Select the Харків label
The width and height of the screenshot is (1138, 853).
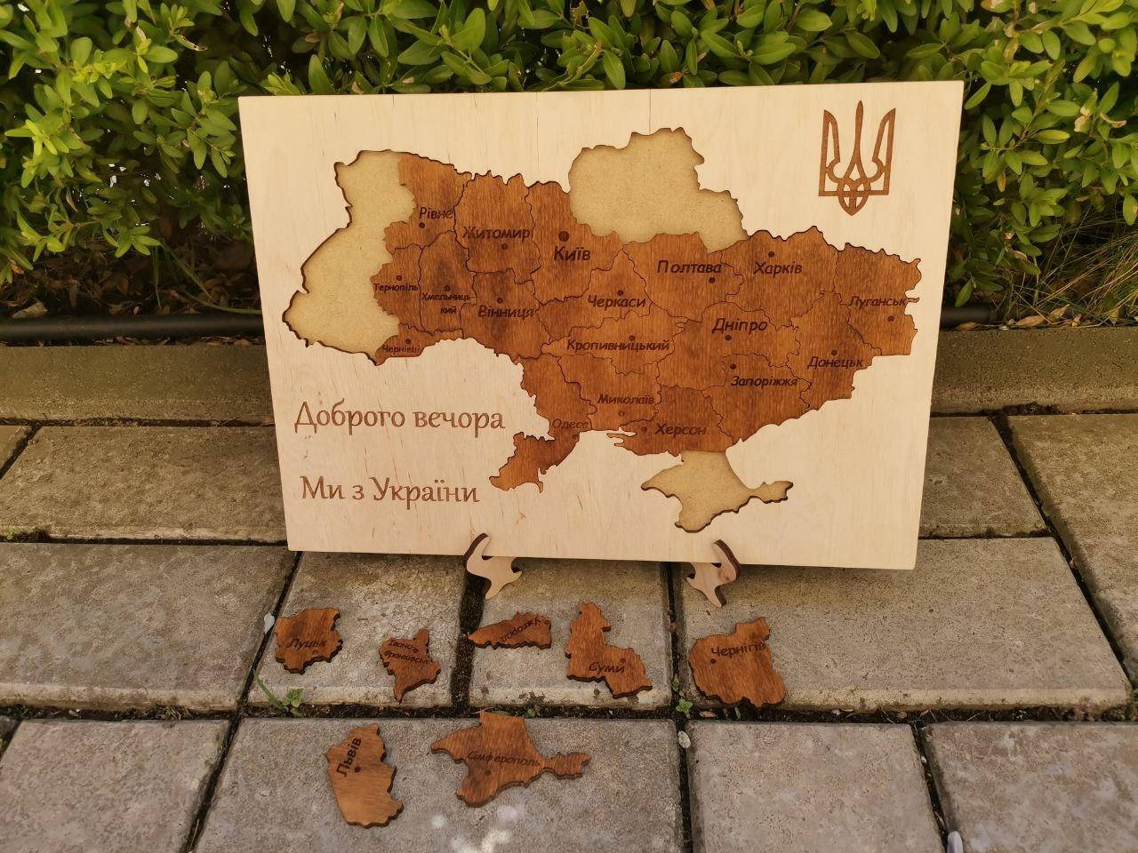778,268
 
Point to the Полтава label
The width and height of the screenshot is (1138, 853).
688,267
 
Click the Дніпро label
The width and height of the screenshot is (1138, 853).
739,325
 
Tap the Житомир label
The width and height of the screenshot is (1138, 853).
496,233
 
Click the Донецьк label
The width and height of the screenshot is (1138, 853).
836,363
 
